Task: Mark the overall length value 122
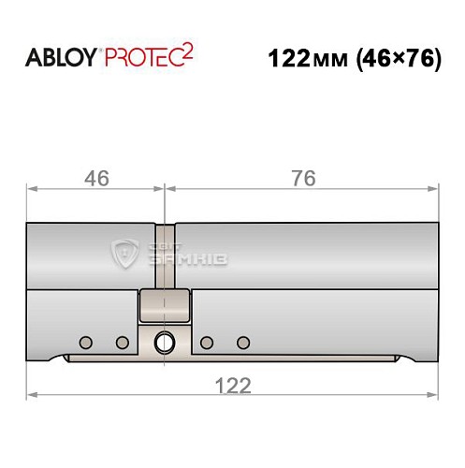tap(232, 385)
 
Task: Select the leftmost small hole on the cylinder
tap(85, 341)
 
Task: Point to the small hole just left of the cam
tap(122, 341)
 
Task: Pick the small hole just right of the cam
tap(207, 341)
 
